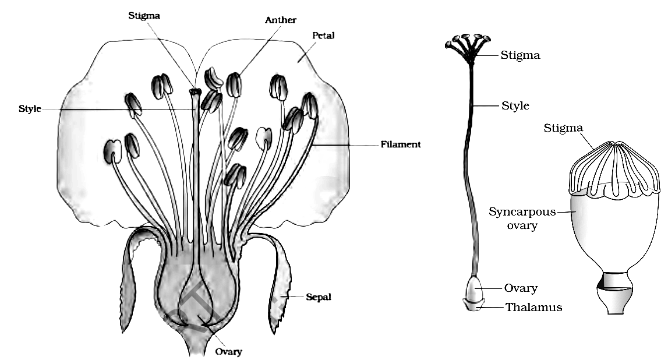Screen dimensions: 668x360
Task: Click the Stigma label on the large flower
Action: (144, 16)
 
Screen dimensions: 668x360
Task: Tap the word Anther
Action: (280, 20)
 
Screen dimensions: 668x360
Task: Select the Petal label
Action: (323, 36)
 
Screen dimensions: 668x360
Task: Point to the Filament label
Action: (401, 144)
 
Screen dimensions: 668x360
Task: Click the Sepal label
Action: (318, 297)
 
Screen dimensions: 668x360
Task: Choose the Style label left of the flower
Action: (30, 108)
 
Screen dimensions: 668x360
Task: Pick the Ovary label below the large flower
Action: (228, 351)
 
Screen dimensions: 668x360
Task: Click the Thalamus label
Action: (534, 307)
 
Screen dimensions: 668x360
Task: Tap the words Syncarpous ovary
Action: (522, 218)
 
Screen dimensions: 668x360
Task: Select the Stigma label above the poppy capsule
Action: (563, 128)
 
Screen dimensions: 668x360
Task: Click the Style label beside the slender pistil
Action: (515, 105)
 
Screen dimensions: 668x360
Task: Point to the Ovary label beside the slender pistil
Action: (521, 288)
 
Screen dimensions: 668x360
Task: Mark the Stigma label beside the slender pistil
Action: (520, 55)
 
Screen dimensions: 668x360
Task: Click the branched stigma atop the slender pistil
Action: (468, 47)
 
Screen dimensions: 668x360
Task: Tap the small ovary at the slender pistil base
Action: (474, 290)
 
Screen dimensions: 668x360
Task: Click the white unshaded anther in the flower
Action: (264, 139)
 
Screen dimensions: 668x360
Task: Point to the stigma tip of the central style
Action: (196, 91)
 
